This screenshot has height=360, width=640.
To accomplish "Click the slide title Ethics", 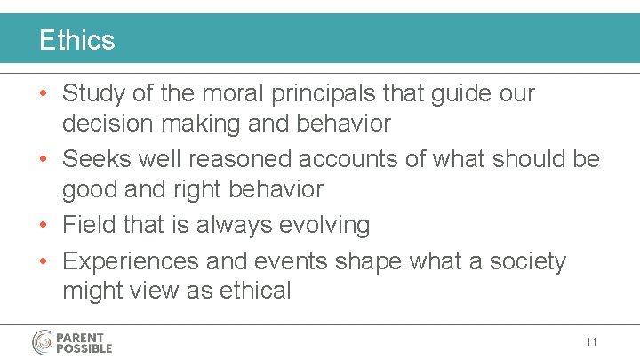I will click(x=76, y=40).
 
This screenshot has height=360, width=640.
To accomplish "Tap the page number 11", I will click(x=591, y=341).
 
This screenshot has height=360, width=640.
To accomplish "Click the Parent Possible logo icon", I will click(x=44, y=342).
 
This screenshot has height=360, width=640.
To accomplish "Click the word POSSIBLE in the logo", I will click(x=85, y=348).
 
